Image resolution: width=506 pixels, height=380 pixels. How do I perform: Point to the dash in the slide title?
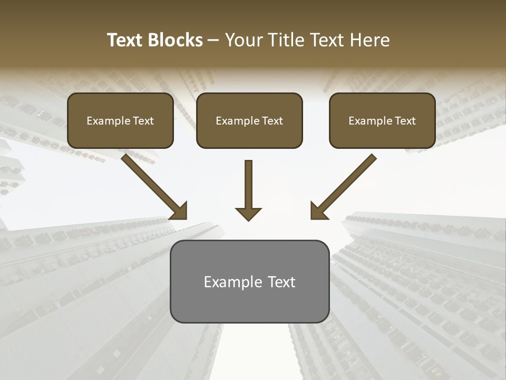click(x=213, y=41)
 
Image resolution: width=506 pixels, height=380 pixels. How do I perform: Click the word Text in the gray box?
click(x=281, y=282)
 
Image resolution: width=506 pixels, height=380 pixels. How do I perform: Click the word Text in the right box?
click(x=405, y=121)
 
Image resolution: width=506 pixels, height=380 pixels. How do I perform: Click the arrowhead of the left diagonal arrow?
click(x=179, y=211)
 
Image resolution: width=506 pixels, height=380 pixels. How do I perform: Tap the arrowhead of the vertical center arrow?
click(x=248, y=214)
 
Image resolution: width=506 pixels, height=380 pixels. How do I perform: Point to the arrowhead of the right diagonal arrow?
click(x=318, y=211)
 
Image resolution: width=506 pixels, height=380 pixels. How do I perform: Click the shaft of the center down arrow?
click(x=248, y=182)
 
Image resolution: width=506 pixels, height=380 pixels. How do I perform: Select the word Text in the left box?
click(x=143, y=121)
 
